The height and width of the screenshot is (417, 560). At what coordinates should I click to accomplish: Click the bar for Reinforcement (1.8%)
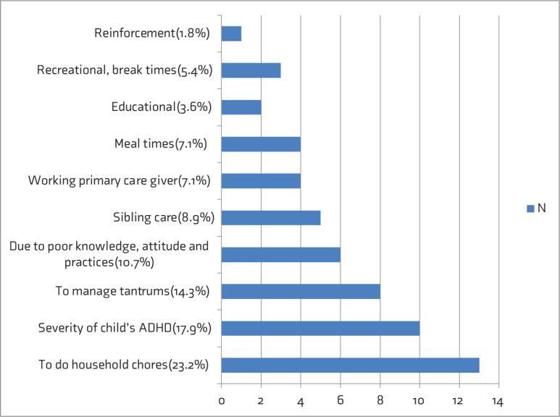tap(231, 33)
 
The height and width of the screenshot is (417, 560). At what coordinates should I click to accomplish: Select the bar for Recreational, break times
tap(251, 70)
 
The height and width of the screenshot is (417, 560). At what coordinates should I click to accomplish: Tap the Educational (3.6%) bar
tap(241, 107)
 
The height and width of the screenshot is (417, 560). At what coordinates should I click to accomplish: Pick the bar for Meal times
tap(261, 144)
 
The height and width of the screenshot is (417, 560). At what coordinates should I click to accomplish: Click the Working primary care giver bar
tap(261, 181)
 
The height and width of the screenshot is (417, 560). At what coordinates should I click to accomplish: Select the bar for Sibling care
tap(270, 218)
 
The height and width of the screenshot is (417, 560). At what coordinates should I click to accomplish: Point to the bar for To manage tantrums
tap(301, 292)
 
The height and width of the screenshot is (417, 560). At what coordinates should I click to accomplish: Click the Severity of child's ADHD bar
tap(320, 329)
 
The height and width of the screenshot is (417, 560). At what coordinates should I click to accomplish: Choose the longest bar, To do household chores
tap(350, 366)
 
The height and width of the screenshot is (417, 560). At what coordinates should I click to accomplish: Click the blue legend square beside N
tap(530, 208)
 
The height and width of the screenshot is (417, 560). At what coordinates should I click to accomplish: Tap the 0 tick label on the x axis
tap(222, 400)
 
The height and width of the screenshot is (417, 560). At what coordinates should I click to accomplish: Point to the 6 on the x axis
tap(340, 400)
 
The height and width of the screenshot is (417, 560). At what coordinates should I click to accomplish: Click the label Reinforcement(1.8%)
tap(153, 33)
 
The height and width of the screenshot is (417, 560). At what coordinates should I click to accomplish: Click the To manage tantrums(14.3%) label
tap(133, 292)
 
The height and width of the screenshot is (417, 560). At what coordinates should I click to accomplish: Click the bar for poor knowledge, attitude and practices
tap(280, 255)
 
